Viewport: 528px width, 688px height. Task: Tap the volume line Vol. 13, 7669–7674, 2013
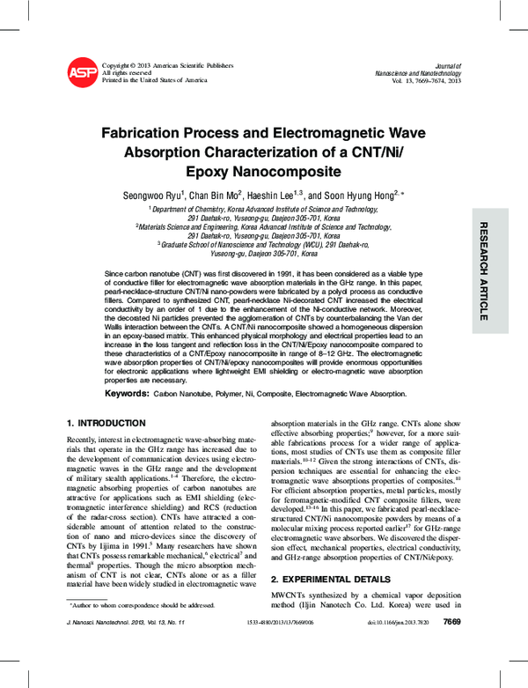point(423,81)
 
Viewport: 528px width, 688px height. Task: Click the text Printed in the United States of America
point(155,80)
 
